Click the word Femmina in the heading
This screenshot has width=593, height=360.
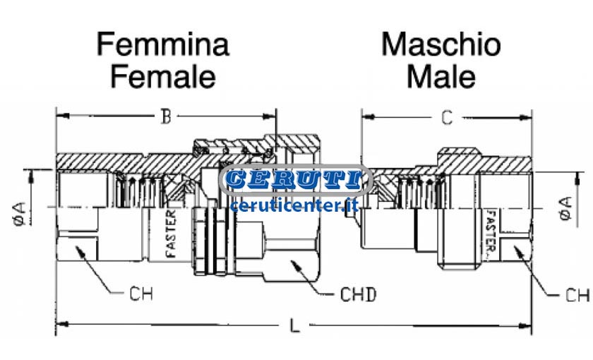[x=163, y=44]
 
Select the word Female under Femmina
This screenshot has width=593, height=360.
[x=163, y=77]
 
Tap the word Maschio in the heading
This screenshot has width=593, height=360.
[x=441, y=44]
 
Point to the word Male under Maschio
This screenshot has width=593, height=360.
[x=441, y=77]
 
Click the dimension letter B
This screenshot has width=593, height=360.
[x=166, y=116]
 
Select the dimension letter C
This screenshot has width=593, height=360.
[x=447, y=118]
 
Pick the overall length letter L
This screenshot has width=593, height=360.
[x=294, y=325]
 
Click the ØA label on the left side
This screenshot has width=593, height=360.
[x=20, y=214]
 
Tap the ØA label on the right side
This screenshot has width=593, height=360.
[x=565, y=208]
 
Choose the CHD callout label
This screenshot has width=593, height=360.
[x=358, y=294]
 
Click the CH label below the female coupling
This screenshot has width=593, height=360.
[x=141, y=294]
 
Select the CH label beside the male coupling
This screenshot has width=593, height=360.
[x=577, y=295]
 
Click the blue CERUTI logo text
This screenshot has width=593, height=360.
[x=294, y=179]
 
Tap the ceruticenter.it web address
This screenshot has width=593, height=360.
[x=294, y=205]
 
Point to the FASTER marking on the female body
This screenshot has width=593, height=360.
[x=172, y=234]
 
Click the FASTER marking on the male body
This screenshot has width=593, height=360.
[x=491, y=232]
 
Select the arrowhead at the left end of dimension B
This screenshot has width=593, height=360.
[x=63, y=115]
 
